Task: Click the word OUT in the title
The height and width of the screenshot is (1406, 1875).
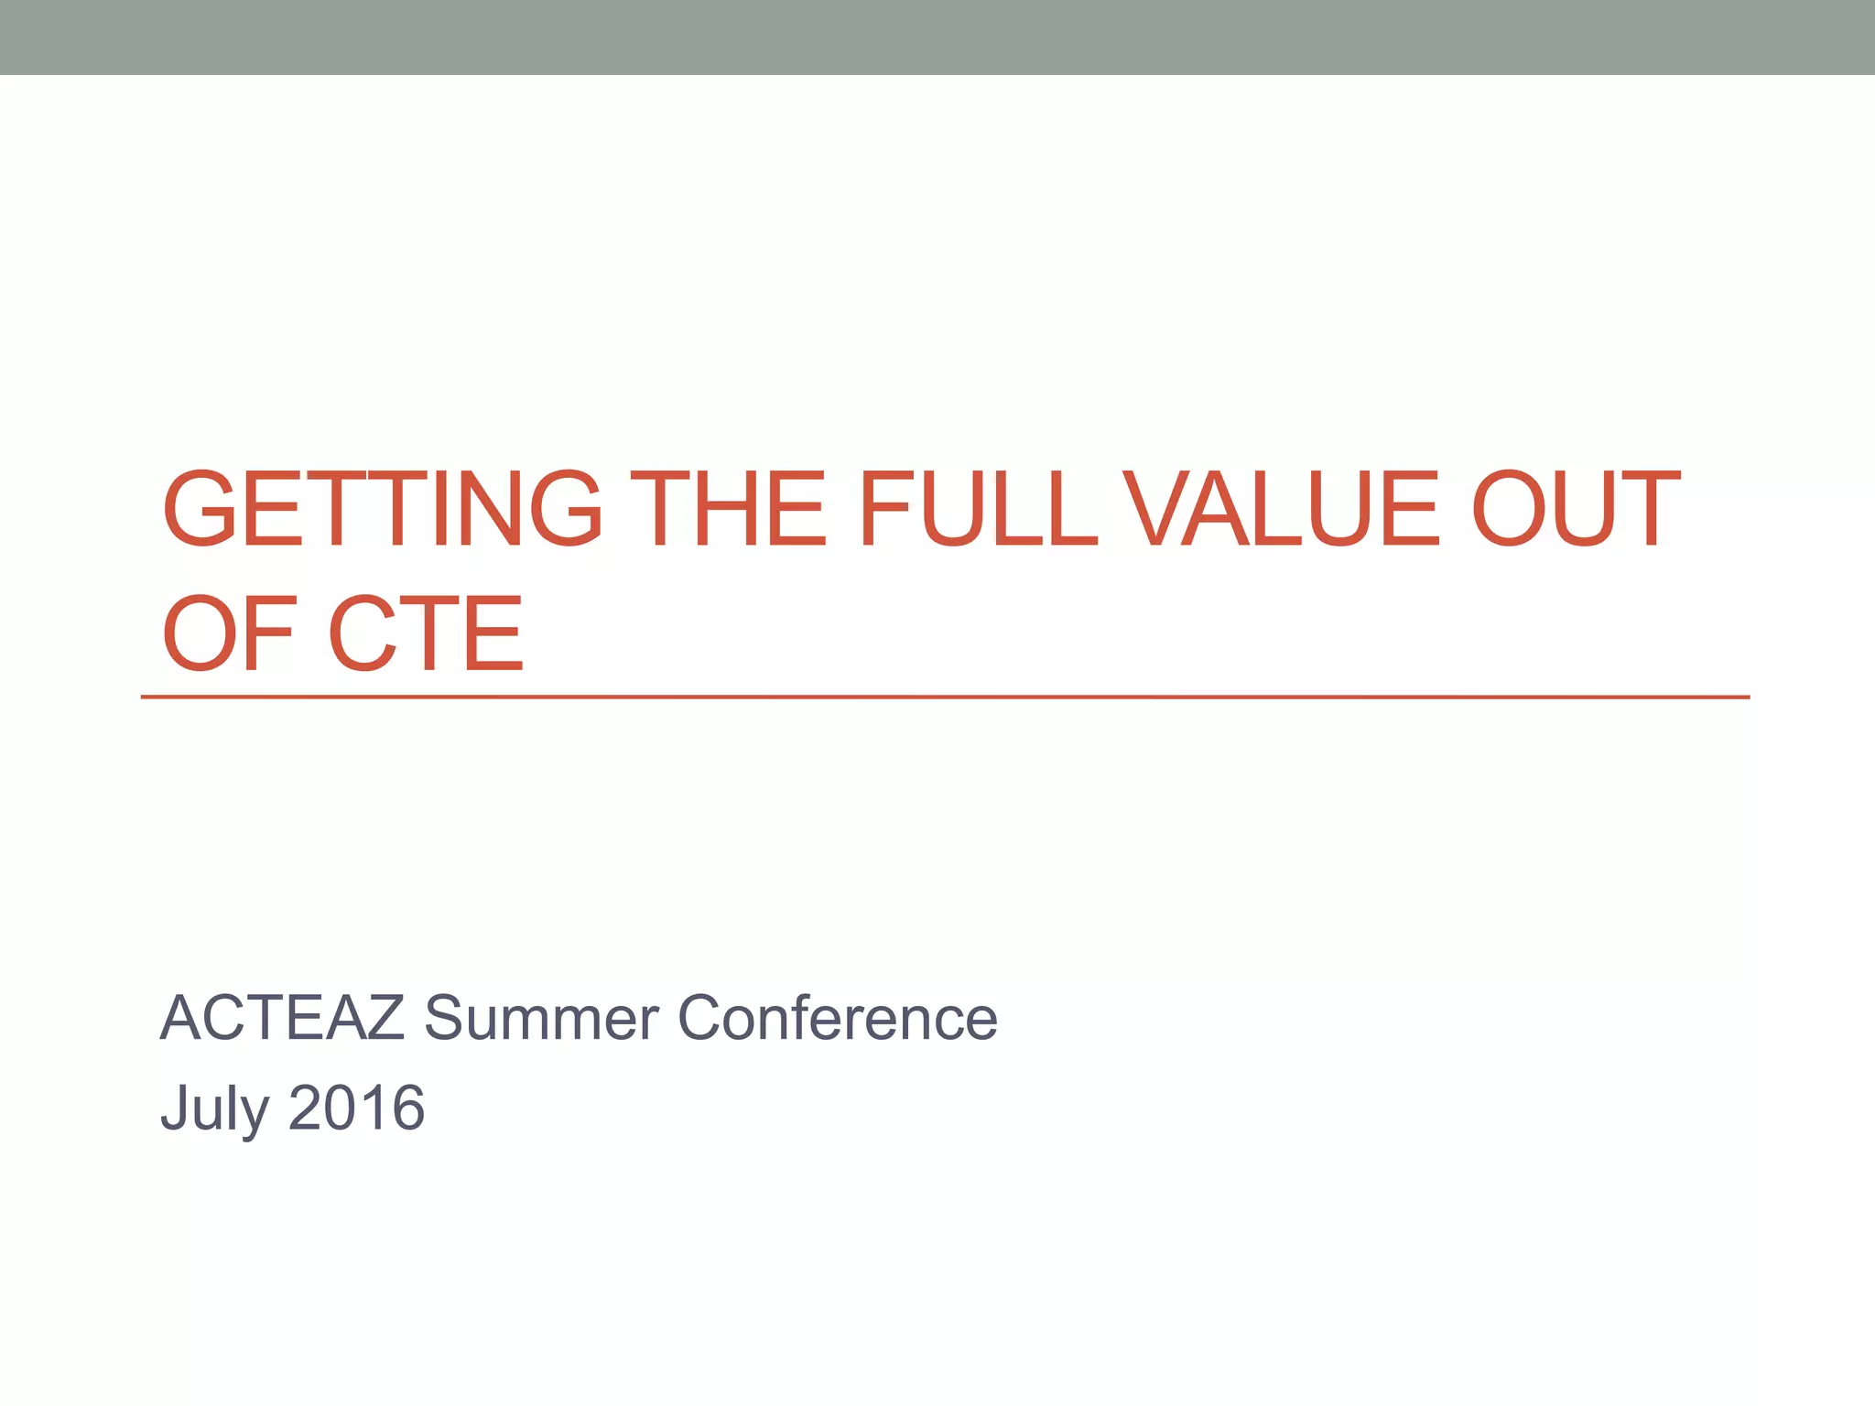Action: (x=1575, y=509)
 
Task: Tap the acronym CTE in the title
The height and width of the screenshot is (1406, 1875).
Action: (x=426, y=633)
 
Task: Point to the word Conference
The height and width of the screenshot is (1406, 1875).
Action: (x=837, y=1018)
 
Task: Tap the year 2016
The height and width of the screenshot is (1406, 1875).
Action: (x=357, y=1108)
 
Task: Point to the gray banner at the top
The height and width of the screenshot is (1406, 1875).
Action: (x=937, y=37)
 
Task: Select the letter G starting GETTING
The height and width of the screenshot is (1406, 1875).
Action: (x=200, y=509)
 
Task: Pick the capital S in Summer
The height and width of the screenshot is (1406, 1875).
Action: (x=447, y=1018)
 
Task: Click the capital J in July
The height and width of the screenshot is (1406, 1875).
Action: (x=175, y=1108)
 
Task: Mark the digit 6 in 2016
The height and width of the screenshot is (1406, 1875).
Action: (x=407, y=1108)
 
